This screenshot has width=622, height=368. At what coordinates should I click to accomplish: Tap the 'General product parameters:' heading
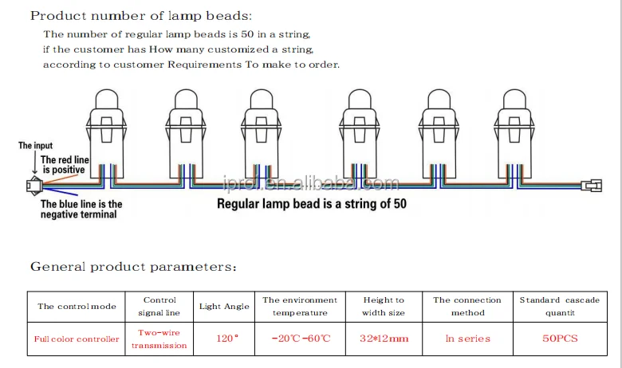tap(133, 266)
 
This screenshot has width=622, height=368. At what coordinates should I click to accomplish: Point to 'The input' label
tap(37, 146)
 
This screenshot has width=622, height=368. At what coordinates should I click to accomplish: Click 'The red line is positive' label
tap(65, 165)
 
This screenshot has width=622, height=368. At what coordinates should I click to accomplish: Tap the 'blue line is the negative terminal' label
tap(81, 209)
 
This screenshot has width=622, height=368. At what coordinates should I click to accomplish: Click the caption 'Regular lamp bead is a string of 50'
tap(311, 204)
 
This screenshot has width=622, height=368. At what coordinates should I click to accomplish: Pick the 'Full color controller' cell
tap(77, 339)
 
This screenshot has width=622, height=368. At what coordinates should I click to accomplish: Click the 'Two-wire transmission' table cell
tap(159, 339)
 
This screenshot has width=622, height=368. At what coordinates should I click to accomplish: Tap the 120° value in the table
tap(226, 339)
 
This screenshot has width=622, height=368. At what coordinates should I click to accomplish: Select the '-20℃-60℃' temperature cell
tap(300, 339)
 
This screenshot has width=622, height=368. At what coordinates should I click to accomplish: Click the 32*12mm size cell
tap(384, 339)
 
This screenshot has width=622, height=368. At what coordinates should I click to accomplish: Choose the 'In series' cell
tap(467, 339)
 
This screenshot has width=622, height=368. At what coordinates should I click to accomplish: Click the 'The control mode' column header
tap(77, 306)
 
